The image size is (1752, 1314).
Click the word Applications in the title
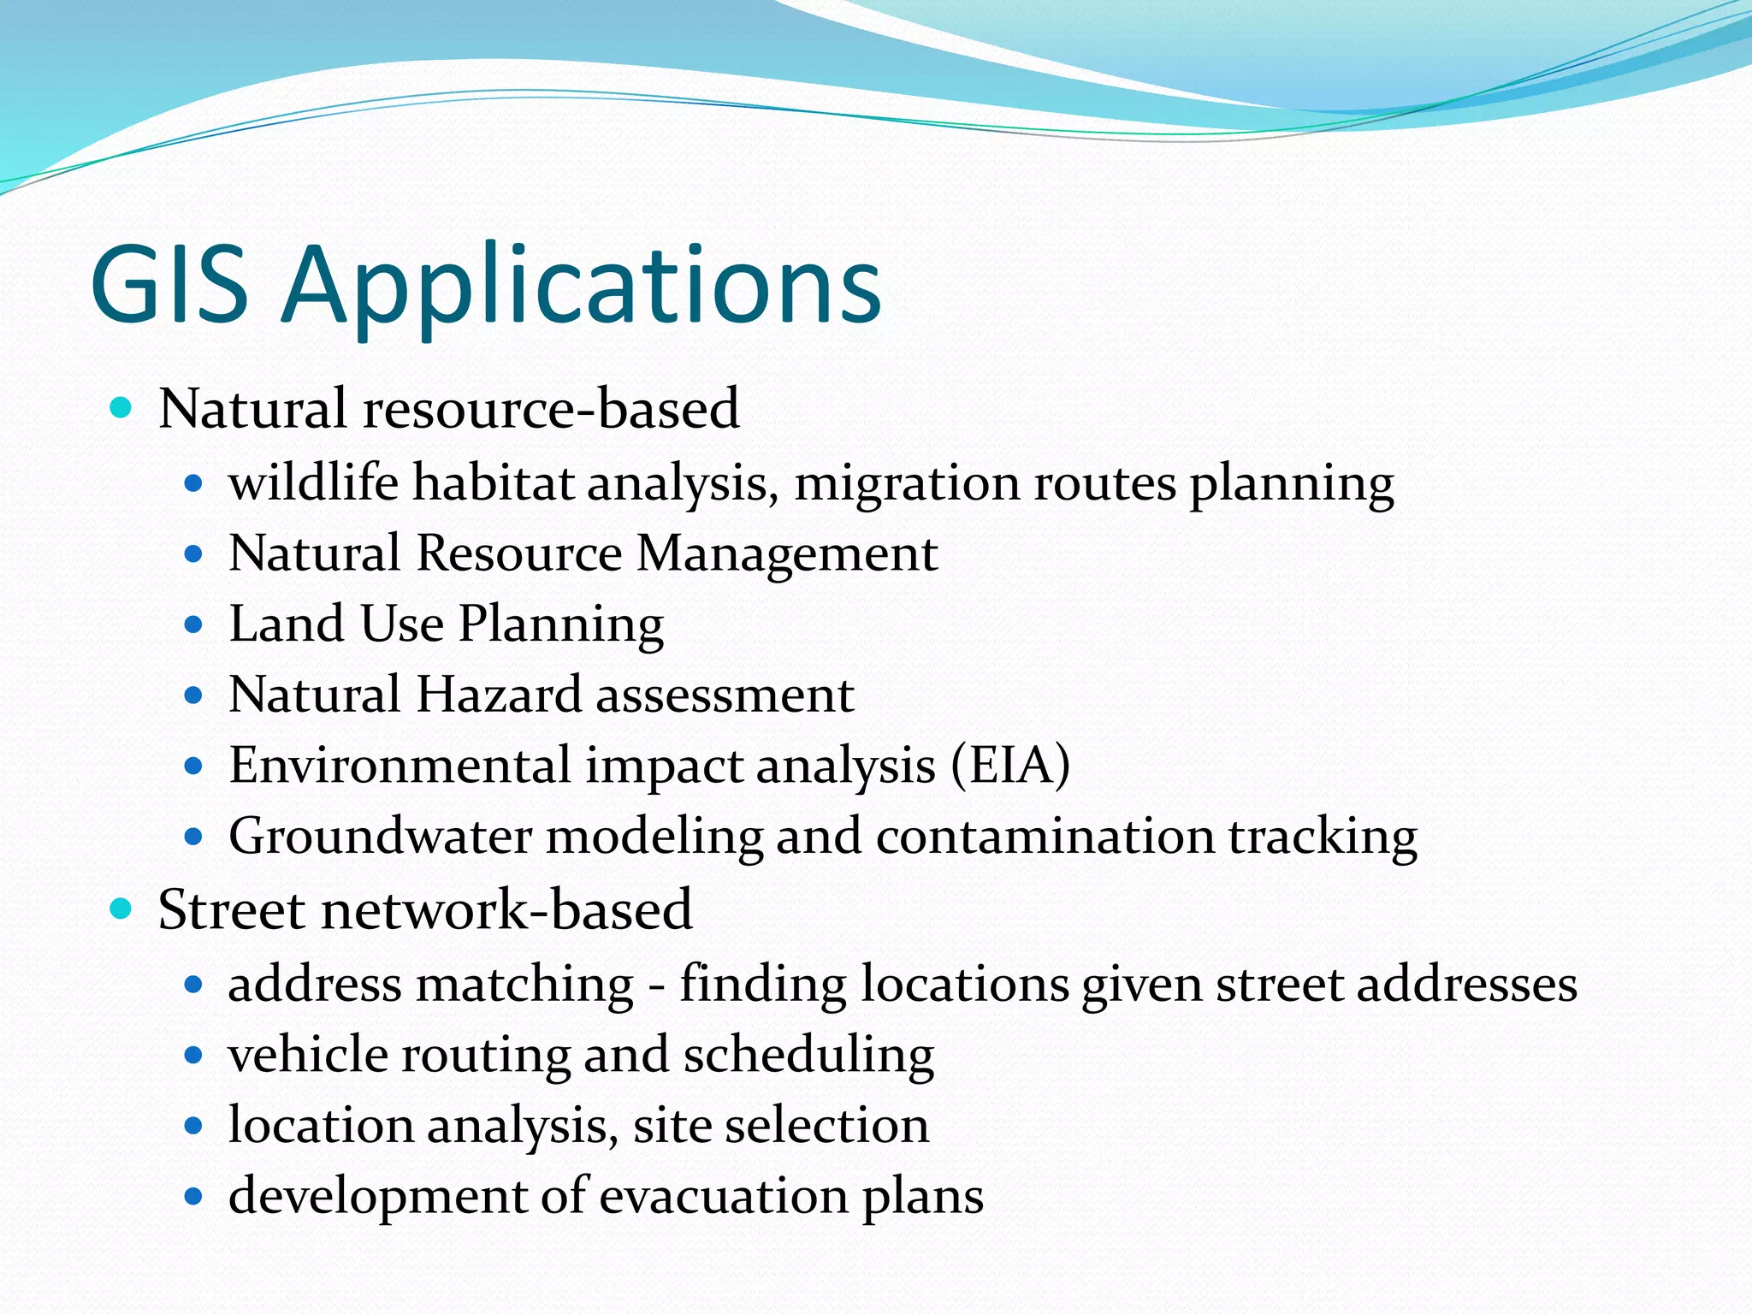582,287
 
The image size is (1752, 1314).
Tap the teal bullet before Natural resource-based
121,407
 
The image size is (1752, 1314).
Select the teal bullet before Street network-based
121,909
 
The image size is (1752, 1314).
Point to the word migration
907,484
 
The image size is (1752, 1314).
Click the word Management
787,554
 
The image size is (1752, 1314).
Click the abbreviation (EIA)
1010,765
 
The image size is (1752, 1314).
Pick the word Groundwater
380,837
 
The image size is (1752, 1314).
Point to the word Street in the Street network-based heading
232,909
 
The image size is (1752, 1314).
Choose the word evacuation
723,1196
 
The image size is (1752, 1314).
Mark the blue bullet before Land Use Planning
193,624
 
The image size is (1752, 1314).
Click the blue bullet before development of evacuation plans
193,1196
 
